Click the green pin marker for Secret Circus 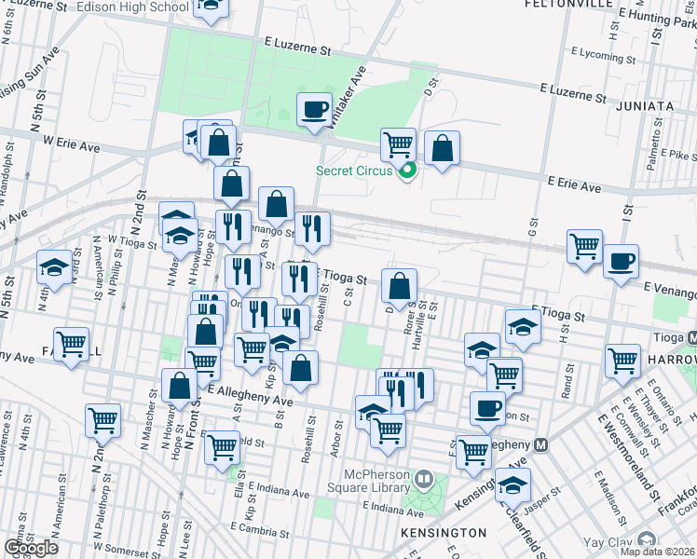(x=406, y=170)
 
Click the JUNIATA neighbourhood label (x=645, y=106)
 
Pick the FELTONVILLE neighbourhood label (x=568, y=4)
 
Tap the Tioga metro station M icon (x=691, y=337)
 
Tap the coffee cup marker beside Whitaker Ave (x=315, y=109)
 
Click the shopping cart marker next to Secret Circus (x=398, y=143)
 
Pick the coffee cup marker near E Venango (x=621, y=261)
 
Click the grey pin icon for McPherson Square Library (x=424, y=480)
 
